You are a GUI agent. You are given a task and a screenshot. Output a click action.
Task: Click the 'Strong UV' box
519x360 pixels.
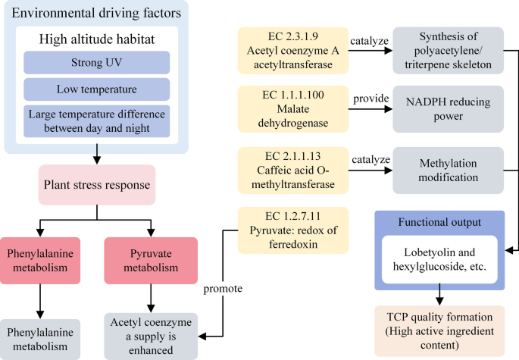[x=96, y=62]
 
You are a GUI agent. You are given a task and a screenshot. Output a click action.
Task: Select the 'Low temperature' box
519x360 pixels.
[x=96, y=89]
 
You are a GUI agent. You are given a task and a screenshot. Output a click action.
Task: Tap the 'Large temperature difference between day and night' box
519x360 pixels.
[x=96, y=121]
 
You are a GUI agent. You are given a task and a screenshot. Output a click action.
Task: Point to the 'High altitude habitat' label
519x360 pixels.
[x=96, y=38]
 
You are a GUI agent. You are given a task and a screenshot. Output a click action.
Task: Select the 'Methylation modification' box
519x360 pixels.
[x=448, y=169]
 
